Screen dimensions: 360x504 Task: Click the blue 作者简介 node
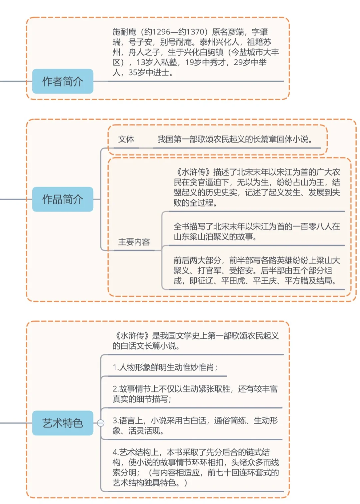(x=62, y=81)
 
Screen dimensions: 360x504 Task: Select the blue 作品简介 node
(x=62, y=199)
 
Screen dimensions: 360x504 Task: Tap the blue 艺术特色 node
(x=62, y=423)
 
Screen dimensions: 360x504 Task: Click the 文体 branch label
(x=126, y=139)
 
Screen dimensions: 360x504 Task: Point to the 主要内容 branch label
(x=134, y=242)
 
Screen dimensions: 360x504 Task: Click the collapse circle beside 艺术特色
(x=100, y=423)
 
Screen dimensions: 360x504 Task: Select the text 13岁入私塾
(x=157, y=62)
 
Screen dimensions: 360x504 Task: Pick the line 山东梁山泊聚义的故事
(x=215, y=237)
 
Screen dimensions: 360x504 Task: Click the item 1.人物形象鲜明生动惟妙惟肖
(x=165, y=367)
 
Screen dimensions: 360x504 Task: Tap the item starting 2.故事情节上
(x=195, y=394)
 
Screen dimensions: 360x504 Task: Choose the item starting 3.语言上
(x=195, y=425)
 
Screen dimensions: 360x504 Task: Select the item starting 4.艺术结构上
(x=196, y=467)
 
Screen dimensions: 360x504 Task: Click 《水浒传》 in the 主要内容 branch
(x=193, y=172)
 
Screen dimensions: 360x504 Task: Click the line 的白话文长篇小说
(x=146, y=346)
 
